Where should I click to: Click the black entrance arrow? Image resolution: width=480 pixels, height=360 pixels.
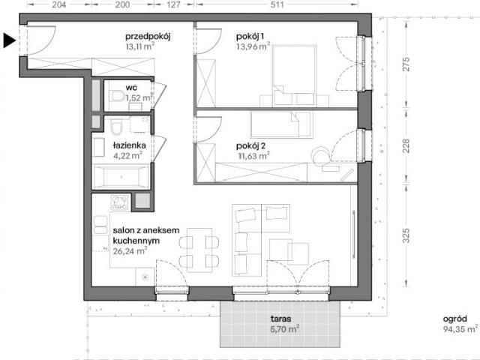[x=9, y=40]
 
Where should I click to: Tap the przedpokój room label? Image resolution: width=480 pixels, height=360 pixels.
[x=148, y=37]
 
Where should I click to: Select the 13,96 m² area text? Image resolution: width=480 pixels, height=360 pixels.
[x=253, y=46]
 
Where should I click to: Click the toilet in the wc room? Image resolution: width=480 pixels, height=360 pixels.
[x=116, y=96]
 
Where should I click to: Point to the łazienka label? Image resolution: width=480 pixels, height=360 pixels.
[x=129, y=145]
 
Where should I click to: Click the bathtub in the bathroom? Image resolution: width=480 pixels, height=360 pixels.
[x=121, y=177]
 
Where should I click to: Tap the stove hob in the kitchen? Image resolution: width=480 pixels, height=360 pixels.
[x=119, y=202]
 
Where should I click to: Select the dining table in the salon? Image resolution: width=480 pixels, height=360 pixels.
[x=199, y=250]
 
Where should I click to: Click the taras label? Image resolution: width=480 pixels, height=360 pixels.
[x=280, y=319]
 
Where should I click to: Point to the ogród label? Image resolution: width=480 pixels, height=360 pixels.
[x=455, y=319]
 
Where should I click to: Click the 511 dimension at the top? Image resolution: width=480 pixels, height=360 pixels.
[x=277, y=4]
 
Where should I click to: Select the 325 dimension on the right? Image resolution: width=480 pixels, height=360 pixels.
[x=406, y=235]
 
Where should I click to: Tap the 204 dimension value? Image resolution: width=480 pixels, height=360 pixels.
[x=58, y=4]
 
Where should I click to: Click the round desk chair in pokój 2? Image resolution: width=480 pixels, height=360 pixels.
[x=321, y=154]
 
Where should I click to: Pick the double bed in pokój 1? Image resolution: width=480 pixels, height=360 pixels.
[x=294, y=76]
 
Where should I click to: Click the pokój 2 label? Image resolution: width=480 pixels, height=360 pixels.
[x=251, y=146]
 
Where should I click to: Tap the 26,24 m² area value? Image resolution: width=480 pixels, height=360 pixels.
[x=130, y=251]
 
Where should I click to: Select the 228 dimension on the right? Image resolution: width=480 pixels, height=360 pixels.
[x=406, y=146]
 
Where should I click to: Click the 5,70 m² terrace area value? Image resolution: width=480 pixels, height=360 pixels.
[x=285, y=329]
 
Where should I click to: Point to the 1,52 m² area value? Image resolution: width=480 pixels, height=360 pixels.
[x=139, y=98]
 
